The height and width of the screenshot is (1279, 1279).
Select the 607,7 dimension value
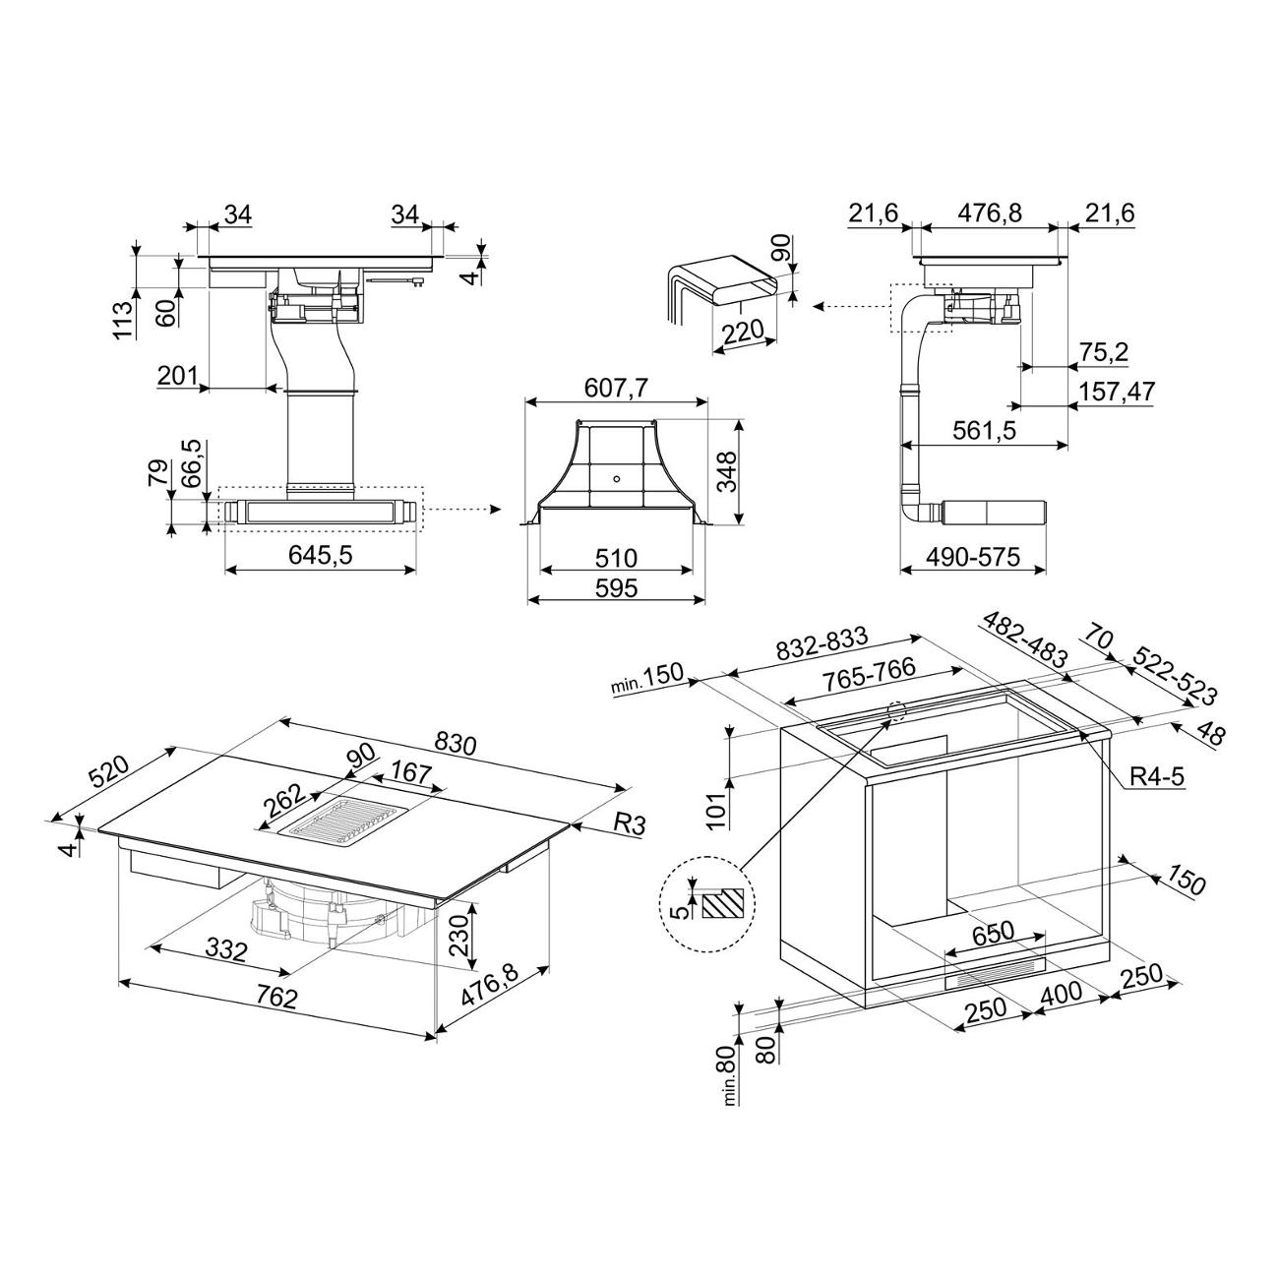point(615,388)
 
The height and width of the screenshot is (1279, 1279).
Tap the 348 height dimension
point(727,471)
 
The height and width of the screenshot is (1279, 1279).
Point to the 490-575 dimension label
point(973,556)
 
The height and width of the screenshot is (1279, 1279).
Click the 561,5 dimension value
point(984,431)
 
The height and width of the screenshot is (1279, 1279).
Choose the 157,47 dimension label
point(1118,391)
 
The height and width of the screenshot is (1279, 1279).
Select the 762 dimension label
point(275,997)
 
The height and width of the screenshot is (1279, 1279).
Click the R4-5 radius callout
point(1158,776)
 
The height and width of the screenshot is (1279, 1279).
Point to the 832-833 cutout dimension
point(822,643)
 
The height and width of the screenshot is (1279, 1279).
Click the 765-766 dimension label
point(868,676)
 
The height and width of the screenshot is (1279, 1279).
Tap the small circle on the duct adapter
point(617,478)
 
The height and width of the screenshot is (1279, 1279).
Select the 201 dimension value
point(178,376)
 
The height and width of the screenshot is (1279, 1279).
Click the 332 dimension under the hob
point(226,950)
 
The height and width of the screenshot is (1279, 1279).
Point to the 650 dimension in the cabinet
point(994,932)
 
